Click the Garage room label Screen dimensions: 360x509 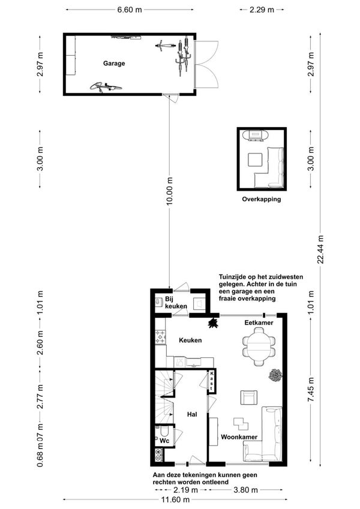(114, 64)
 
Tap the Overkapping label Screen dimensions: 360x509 (261, 199)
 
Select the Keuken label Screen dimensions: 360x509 (190, 340)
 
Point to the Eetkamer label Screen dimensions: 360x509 (259, 323)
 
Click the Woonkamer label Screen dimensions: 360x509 (239, 437)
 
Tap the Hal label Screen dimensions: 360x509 (192, 414)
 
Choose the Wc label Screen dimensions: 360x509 (164, 441)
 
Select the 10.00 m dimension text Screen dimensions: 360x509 (170, 191)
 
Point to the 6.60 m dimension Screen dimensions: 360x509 (130, 10)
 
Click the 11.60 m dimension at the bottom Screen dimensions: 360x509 (175, 499)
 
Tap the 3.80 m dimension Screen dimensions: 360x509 (245, 490)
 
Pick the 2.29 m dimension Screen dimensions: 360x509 (262, 10)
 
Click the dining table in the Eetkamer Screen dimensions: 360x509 (259, 347)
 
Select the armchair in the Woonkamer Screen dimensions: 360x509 (249, 397)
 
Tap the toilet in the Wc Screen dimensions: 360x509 (164, 430)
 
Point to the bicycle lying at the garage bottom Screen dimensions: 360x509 (106, 87)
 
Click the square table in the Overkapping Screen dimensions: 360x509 (255, 159)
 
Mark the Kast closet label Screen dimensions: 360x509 (212, 381)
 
